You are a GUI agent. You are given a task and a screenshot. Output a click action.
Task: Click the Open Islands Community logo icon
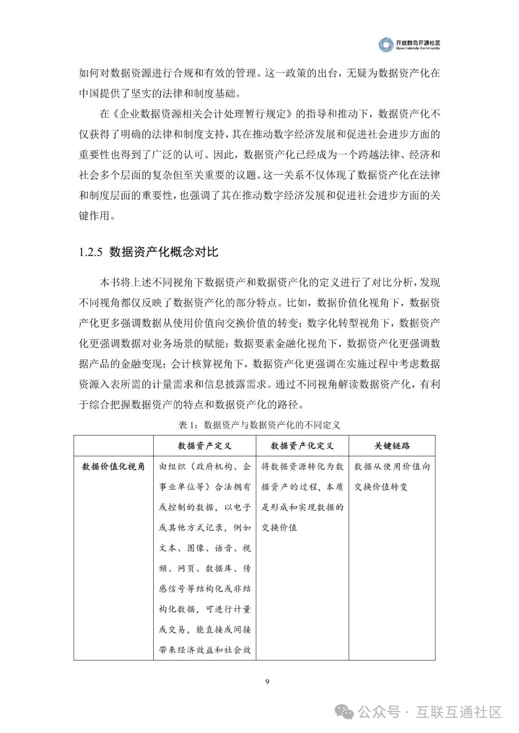[385, 45]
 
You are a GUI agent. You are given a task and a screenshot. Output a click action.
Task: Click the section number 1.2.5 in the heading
[91, 252]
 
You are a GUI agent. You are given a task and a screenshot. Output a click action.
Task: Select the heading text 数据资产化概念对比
[163, 252]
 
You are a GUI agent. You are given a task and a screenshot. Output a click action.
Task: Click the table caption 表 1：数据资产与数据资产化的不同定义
[259, 425]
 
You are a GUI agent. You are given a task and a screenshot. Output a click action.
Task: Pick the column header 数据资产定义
[205, 446]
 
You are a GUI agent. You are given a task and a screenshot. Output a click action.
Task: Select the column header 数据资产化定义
[302, 446]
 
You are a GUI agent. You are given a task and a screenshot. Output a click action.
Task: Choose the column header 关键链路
[392, 446]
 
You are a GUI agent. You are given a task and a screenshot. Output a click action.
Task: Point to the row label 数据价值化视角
[113, 466]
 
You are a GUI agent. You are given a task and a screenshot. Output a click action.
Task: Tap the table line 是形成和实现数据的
[302, 507]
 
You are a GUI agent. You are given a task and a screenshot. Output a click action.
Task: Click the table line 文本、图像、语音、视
[205, 548]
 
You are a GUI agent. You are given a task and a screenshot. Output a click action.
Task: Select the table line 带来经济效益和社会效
[205, 650]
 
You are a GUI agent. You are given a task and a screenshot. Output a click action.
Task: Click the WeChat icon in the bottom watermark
[347, 712]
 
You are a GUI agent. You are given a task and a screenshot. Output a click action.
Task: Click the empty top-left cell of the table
[113, 446]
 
